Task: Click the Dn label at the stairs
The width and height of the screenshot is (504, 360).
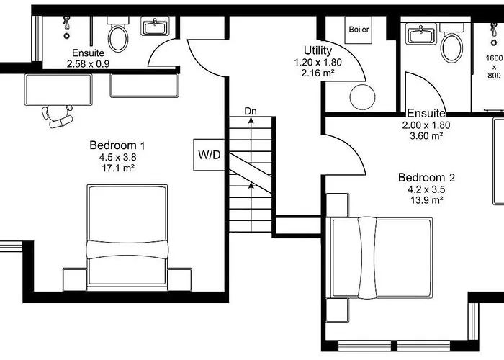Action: coord(251,111)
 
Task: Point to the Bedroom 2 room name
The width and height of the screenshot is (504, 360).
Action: coord(427,177)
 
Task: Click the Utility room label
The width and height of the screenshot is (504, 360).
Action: coord(318,50)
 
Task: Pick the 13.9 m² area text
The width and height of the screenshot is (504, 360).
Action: coord(427,200)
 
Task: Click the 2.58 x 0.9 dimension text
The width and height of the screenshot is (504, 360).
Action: coord(89,63)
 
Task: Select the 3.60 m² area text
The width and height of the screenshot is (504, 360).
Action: coord(426,135)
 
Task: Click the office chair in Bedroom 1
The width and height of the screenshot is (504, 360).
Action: coord(58,115)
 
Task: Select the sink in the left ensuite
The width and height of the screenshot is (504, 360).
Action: coord(155,28)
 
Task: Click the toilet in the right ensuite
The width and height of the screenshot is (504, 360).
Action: coord(451,46)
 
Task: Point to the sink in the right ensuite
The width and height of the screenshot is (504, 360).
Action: coord(418,34)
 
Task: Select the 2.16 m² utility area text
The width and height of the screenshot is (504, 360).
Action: coord(318,73)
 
